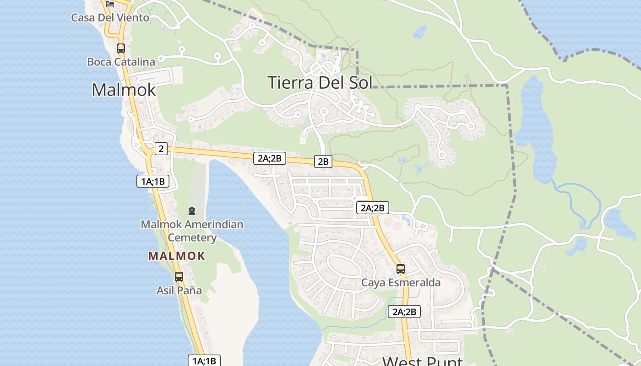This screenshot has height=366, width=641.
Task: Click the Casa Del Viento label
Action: pos(110,18)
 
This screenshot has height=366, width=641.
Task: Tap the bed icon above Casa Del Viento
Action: pos(110,4)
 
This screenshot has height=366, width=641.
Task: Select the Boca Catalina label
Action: pos(121,62)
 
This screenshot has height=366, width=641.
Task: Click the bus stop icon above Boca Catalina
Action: pos(121,48)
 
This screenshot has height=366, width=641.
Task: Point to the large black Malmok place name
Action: pos(124,90)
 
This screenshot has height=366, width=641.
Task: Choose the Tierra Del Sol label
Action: pos(320,82)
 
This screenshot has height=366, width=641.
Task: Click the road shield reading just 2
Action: pos(161,148)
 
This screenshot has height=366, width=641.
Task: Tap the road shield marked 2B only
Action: pos(323,161)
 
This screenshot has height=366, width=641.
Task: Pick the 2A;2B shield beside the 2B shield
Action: pos(270,159)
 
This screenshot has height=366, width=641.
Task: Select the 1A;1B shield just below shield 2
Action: pos(153,181)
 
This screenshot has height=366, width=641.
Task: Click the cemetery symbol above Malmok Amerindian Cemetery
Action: pos(192,211)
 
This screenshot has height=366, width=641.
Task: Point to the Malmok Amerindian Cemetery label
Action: pos(192,231)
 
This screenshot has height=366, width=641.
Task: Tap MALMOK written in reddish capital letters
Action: pos(177,256)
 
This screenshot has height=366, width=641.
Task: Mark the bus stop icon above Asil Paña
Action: pos(179,277)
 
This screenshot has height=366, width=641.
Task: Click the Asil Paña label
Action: pos(179,291)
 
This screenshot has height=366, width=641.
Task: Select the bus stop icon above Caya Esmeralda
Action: pos(401,269)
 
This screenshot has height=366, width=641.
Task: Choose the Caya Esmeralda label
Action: pos(401,282)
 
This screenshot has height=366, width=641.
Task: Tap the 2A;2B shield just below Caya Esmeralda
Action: pos(404,312)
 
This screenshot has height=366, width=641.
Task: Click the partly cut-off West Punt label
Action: pos(422,361)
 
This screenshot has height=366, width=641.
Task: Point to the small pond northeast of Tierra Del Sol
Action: pos(419,32)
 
